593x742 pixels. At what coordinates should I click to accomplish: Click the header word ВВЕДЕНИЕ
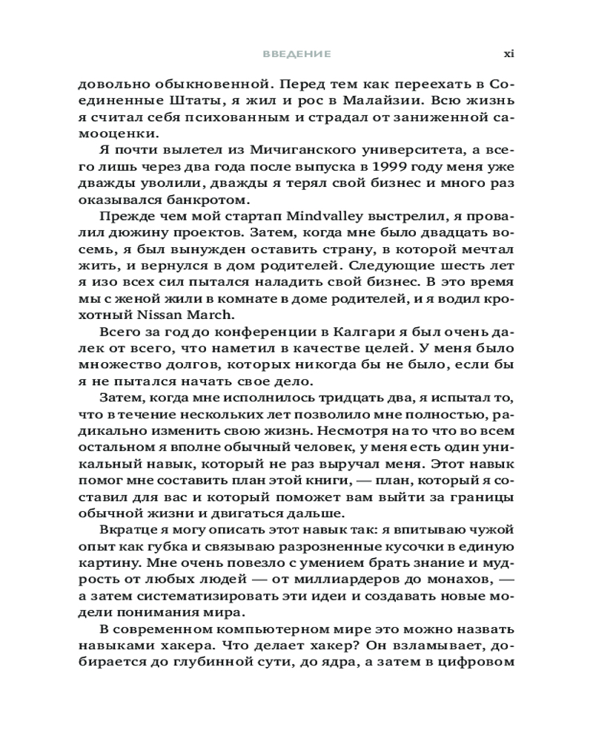[296, 54]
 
